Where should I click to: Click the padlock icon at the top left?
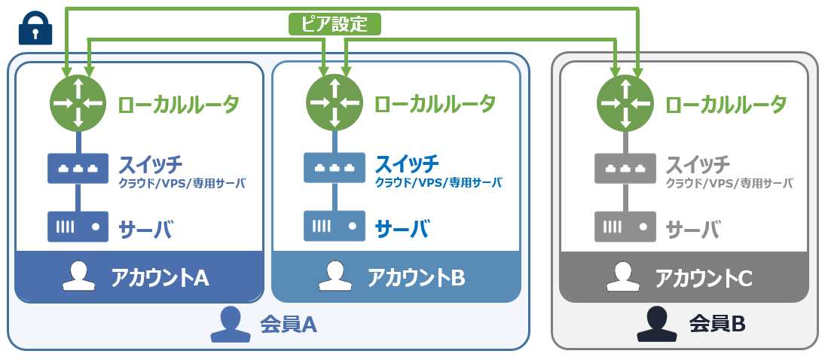(x=35, y=29)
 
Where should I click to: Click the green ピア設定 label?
(x=335, y=24)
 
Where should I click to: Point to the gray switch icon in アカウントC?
(x=624, y=168)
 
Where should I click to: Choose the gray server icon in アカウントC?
(x=624, y=225)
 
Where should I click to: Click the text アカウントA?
(x=160, y=277)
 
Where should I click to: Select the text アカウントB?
(x=416, y=277)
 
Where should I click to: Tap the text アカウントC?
(x=704, y=277)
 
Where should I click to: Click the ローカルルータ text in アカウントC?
(x=726, y=103)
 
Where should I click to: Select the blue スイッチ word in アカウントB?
(x=407, y=163)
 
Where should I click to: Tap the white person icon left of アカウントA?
(x=78, y=276)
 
